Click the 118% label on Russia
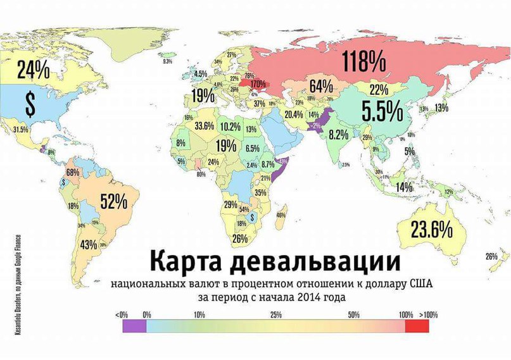[363, 62]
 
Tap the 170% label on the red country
[257, 84]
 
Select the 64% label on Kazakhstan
[321, 85]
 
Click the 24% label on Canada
[33, 69]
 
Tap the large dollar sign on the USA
[30, 105]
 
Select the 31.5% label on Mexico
[21, 130]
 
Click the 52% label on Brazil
[114, 201]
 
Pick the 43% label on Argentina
[89, 244]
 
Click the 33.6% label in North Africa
[204, 126]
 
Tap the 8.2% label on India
[338, 134]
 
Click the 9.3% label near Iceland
[168, 61]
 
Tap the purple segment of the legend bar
[135, 326]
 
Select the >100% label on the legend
[427, 314]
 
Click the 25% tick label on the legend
[276, 314]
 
